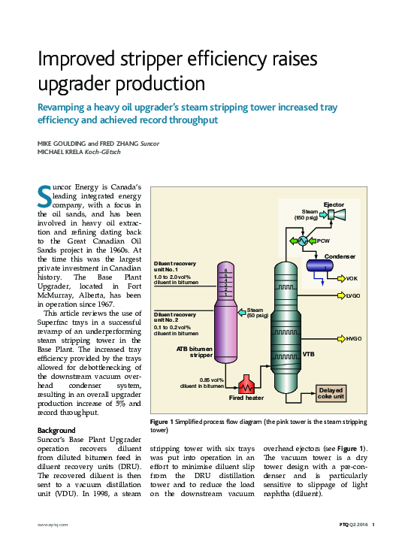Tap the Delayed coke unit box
tap(331, 393)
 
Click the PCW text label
tap(323, 241)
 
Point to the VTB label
tap(308, 353)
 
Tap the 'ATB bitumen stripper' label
tap(195, 352)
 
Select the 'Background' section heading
tap(56, 430)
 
